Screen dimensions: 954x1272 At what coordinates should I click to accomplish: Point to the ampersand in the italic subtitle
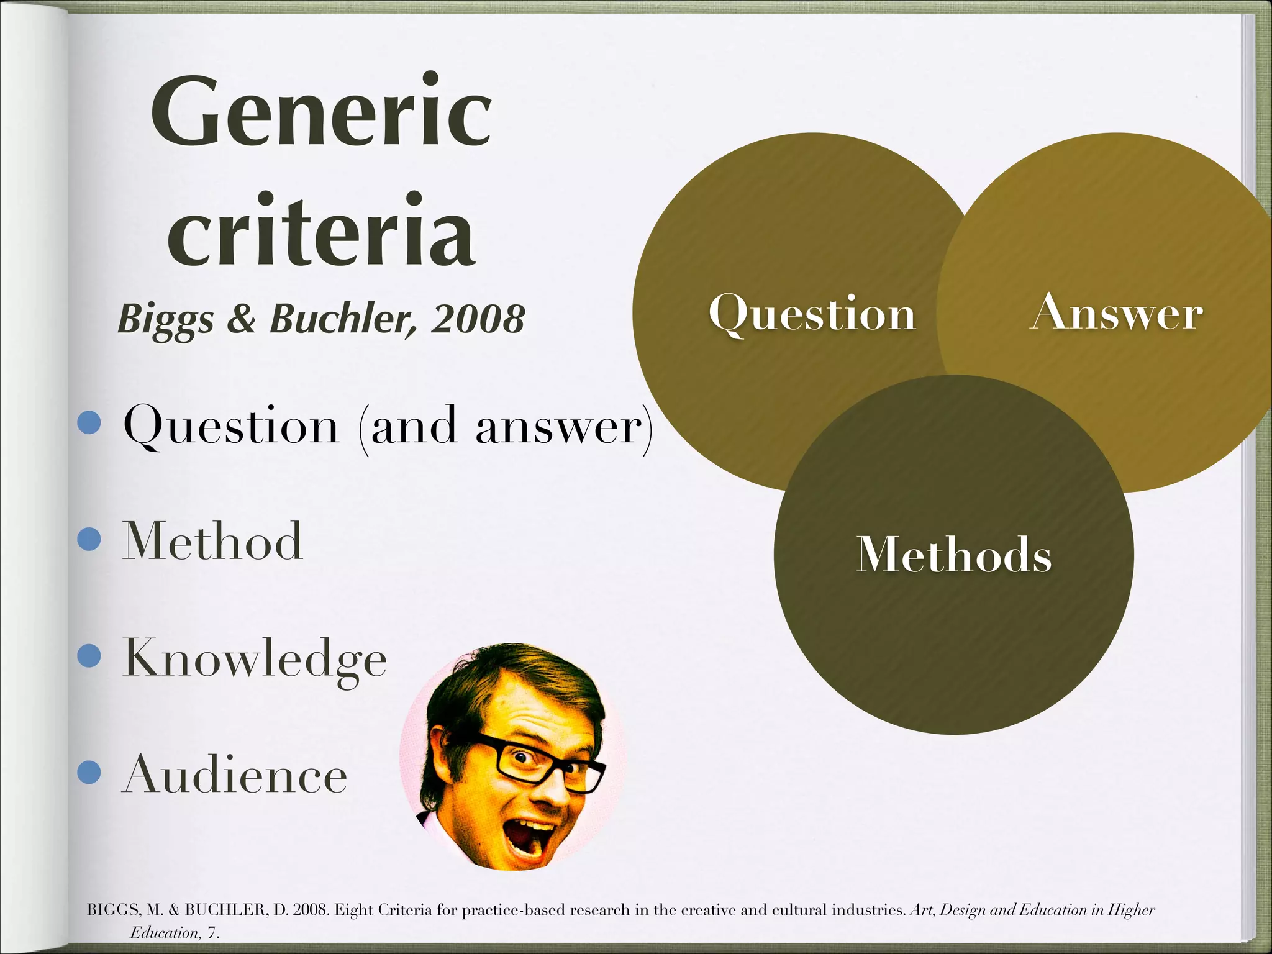point(241,319)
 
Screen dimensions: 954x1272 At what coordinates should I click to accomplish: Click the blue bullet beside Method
point(89,539)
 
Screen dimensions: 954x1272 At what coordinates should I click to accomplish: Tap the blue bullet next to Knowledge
point(89,655)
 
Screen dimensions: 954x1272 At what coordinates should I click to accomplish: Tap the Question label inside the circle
point(812,314)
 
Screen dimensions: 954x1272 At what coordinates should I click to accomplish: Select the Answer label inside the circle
point(1117,312)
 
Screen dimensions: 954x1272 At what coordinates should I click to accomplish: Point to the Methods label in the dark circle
point(954,554)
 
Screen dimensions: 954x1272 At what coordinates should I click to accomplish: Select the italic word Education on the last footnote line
point(165,933)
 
